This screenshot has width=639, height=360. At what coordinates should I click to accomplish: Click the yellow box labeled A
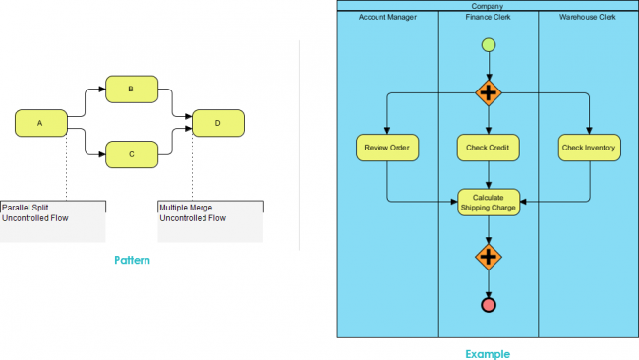(x=40, y=123)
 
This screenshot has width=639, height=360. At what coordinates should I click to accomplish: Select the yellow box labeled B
(x=131, y=88)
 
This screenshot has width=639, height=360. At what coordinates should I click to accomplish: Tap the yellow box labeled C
(x=131, y=153)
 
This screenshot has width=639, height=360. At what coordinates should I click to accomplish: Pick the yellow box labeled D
(x=218, y=123)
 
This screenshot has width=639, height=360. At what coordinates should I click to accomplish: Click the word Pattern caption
(x=131, y=260)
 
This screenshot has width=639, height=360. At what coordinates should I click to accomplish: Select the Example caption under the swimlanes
(x=488, y=352)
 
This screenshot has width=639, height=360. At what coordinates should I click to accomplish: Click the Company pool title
(x=488, y=6)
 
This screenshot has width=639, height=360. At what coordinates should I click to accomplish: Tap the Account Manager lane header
(x=387, y=18)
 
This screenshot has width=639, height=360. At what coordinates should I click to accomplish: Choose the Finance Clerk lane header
(x=488, y=18)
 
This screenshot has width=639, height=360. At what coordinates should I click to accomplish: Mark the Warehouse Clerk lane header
(x=588, y=18)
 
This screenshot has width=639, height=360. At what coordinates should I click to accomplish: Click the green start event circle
(x=489, y=45)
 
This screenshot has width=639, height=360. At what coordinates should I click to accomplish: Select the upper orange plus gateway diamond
(x=489, y=93)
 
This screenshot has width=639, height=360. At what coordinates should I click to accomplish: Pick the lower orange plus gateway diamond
(x=489, y=257)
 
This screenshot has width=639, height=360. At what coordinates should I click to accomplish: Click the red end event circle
(x=489, y=305)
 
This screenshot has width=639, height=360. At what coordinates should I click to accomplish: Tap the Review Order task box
(x=387, y=149)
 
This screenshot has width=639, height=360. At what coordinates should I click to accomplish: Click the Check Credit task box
(x=489, y=149)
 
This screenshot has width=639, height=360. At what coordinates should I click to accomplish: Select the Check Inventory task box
(x=589, y=149)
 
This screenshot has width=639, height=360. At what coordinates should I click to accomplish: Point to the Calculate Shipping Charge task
(x=489, y=202)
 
